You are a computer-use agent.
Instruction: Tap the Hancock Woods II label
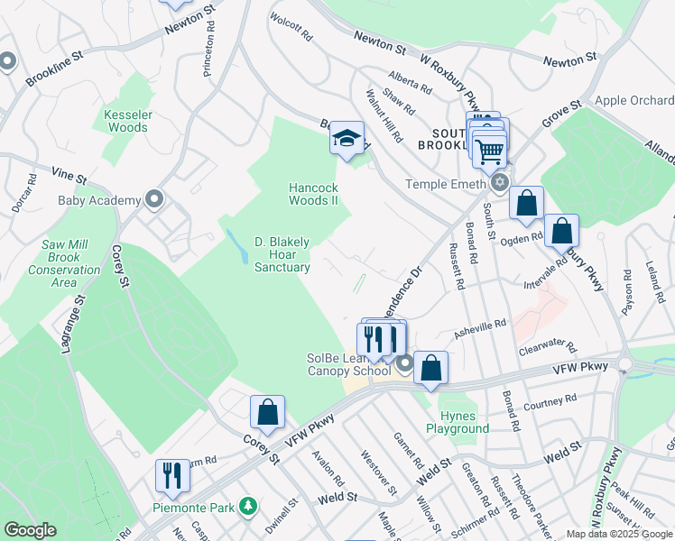pyautogui.click(x=313, y=194)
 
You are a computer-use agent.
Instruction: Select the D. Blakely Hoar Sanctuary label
pyautogui.click(x=282, y=254)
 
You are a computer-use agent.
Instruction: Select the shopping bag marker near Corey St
pyautogui.click(x=267, y=412)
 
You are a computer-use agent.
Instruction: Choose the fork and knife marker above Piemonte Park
pyautogui.click(x=169, y=475)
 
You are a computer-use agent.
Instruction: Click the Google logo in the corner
pyautogui.click(x=31, y=530)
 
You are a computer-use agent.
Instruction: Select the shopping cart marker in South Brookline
pyautogui.click(x=489, y=150)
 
